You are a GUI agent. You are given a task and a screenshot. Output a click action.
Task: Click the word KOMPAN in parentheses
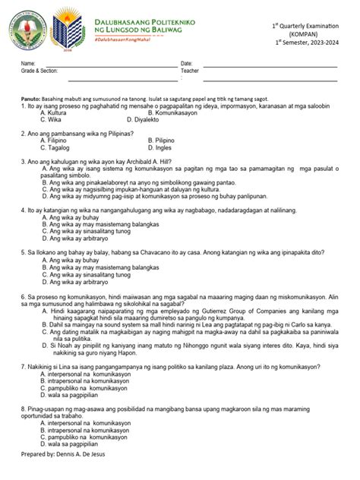(x=301, y=35)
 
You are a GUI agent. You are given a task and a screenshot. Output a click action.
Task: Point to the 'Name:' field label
(x=28, y=63)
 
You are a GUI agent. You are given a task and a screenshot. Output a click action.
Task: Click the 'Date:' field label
(x=186, y=63)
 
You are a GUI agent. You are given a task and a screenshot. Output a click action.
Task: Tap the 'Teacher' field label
(x=190, y=70)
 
